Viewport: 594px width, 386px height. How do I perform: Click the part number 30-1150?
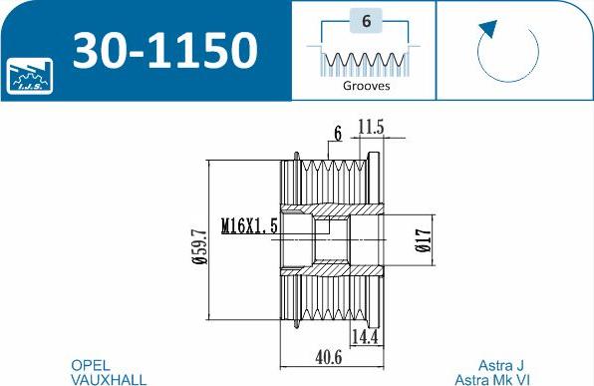pyautogui.click(x=165, y=50)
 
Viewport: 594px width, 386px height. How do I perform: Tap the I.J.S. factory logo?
pyautogui.click(x=30, y=76)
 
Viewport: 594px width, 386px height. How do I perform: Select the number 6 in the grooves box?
pyautogui.click(x=366, y=21)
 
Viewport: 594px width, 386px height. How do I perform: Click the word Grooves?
pyautogui.click(x=366, y=86)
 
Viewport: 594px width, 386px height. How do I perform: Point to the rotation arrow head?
pyautogui.click(x=488, y=29)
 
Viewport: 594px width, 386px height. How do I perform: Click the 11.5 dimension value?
pyautogui.click(x=371, y=127)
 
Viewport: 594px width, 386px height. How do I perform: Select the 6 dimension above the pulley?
pyautogui.click(x=338, y=134)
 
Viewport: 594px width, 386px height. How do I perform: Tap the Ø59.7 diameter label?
pyautogui.click(x=199, y=246)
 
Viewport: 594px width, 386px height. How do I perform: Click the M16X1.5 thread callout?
pyautogui.click(x=249, y=226)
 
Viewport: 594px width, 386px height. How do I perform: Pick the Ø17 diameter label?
pyautogui.click(x=424, y=240)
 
